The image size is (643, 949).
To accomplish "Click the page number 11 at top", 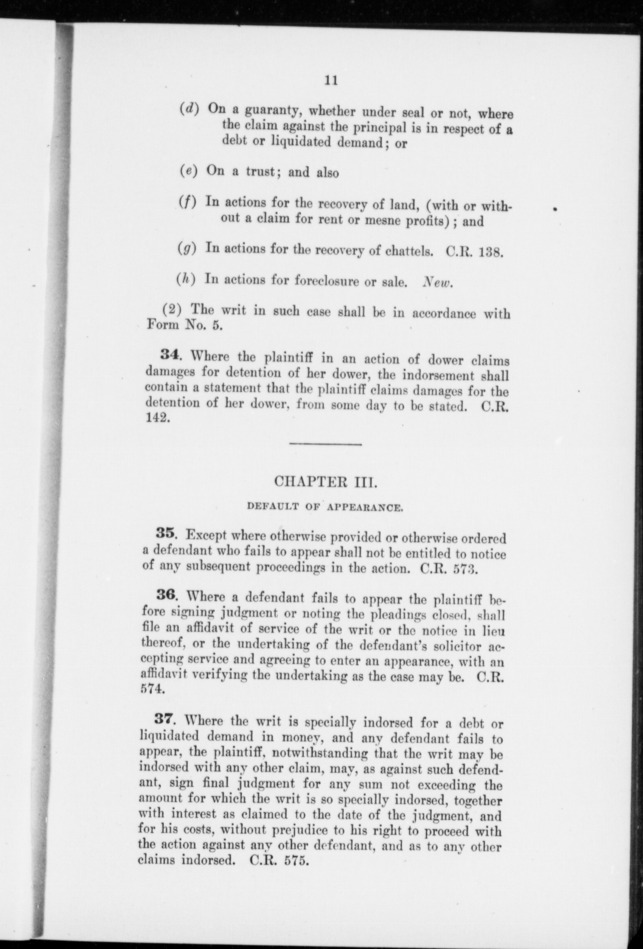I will [x=331, y=81].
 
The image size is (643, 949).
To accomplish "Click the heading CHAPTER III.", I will [x=326, y=482].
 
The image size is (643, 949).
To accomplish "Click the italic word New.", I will [x=438, y=283].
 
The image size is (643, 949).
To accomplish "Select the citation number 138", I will [x=491, y=252].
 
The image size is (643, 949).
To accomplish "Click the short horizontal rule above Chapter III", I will [x=326, y=444].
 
